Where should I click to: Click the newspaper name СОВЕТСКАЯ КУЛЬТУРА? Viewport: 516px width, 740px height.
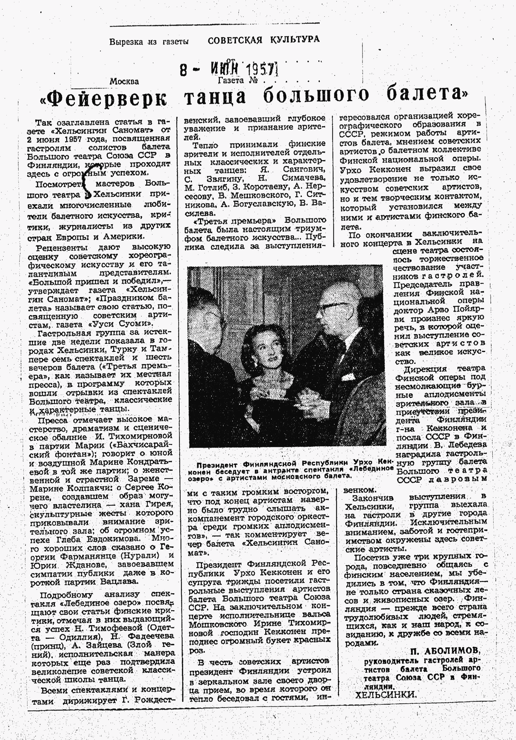pos(263,40)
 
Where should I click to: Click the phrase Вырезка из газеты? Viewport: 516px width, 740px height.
pos(149,41)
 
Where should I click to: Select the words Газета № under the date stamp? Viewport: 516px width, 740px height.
pos(238,81)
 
